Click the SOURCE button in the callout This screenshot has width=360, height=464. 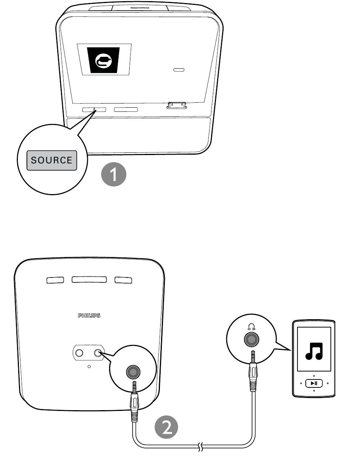click(x=52, y=160)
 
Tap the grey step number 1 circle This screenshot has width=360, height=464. click(x=114, y=174)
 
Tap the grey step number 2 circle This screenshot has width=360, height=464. click(x=166, y=427)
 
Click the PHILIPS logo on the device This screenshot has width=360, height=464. click(x=89, y=315)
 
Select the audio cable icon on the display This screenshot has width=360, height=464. click(x=103, y=60)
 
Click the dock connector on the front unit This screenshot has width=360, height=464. click(x=177, y=105)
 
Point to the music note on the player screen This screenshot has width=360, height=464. click(x=314, y=351)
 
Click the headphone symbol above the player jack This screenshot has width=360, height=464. click(x=251, y=327)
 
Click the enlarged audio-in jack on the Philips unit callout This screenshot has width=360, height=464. click(x=133, y=372)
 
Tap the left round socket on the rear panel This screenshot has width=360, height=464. click(x=79, y=353)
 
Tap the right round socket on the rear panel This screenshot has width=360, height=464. click(x=98, y=353)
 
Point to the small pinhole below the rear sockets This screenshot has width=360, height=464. click(x=89, y=367)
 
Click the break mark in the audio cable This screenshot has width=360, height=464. click(x=200, y=447)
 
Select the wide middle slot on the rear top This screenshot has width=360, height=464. click(x=89, y=279)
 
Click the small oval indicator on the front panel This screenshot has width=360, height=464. click(x=178, y=70)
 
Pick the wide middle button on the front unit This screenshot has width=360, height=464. click(x=126, y=110)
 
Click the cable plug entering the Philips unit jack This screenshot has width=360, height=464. click(x=134, y=401)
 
